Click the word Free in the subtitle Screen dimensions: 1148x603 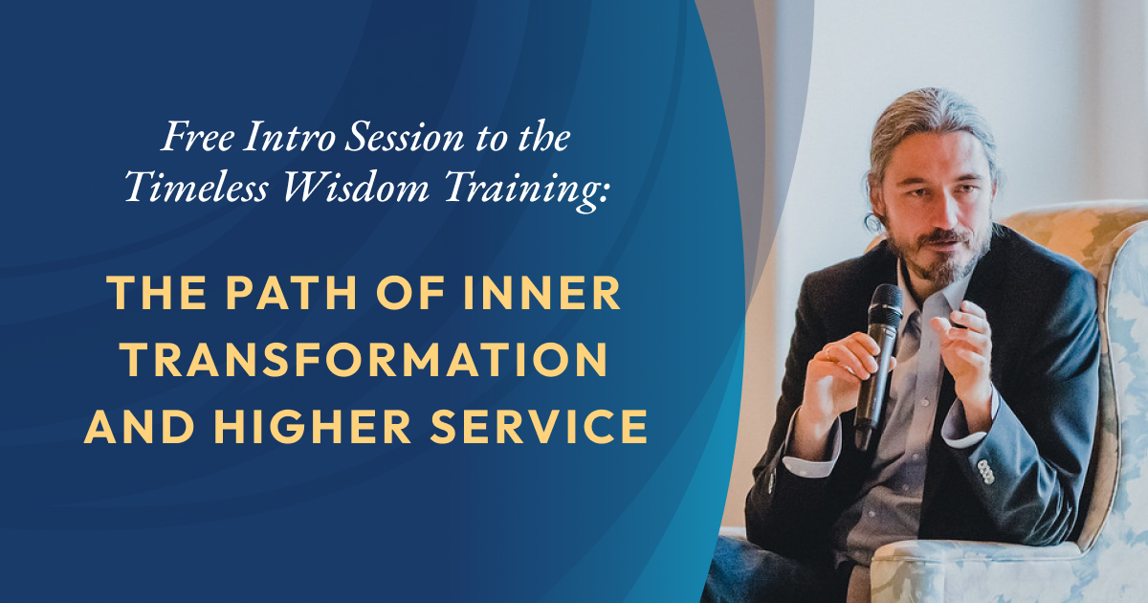(198, 136)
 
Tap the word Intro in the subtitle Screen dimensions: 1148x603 (290, 136)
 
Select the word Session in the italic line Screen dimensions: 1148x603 (405, 136)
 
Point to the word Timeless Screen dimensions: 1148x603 (196, 187)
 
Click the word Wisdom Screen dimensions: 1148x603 (356, 187)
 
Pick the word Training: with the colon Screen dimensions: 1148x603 (527, 190)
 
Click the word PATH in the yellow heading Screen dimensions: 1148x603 (291, 293)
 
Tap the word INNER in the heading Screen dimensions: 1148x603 (542, 293)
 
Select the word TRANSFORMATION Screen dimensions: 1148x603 (364, 360)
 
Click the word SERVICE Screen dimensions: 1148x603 (539, 426)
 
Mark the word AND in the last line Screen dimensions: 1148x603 (140, 426)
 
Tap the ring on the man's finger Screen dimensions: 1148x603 (828, 352)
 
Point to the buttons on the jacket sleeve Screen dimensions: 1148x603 (985, 472)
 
